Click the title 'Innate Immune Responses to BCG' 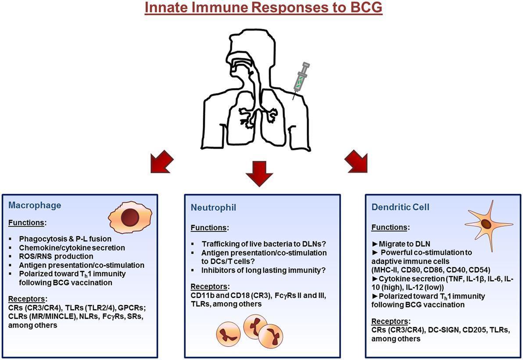(263, 9)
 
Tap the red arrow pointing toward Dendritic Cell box (356, 161)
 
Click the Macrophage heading (35, 205)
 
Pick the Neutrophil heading (213, 207)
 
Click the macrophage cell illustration (130, 218)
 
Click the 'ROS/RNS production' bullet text (56, 256)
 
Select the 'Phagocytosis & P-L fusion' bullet (65, 239)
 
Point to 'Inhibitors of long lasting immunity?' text (263, 271)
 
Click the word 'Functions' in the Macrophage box (26, 223)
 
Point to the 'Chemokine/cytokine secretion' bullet (72, 248)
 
